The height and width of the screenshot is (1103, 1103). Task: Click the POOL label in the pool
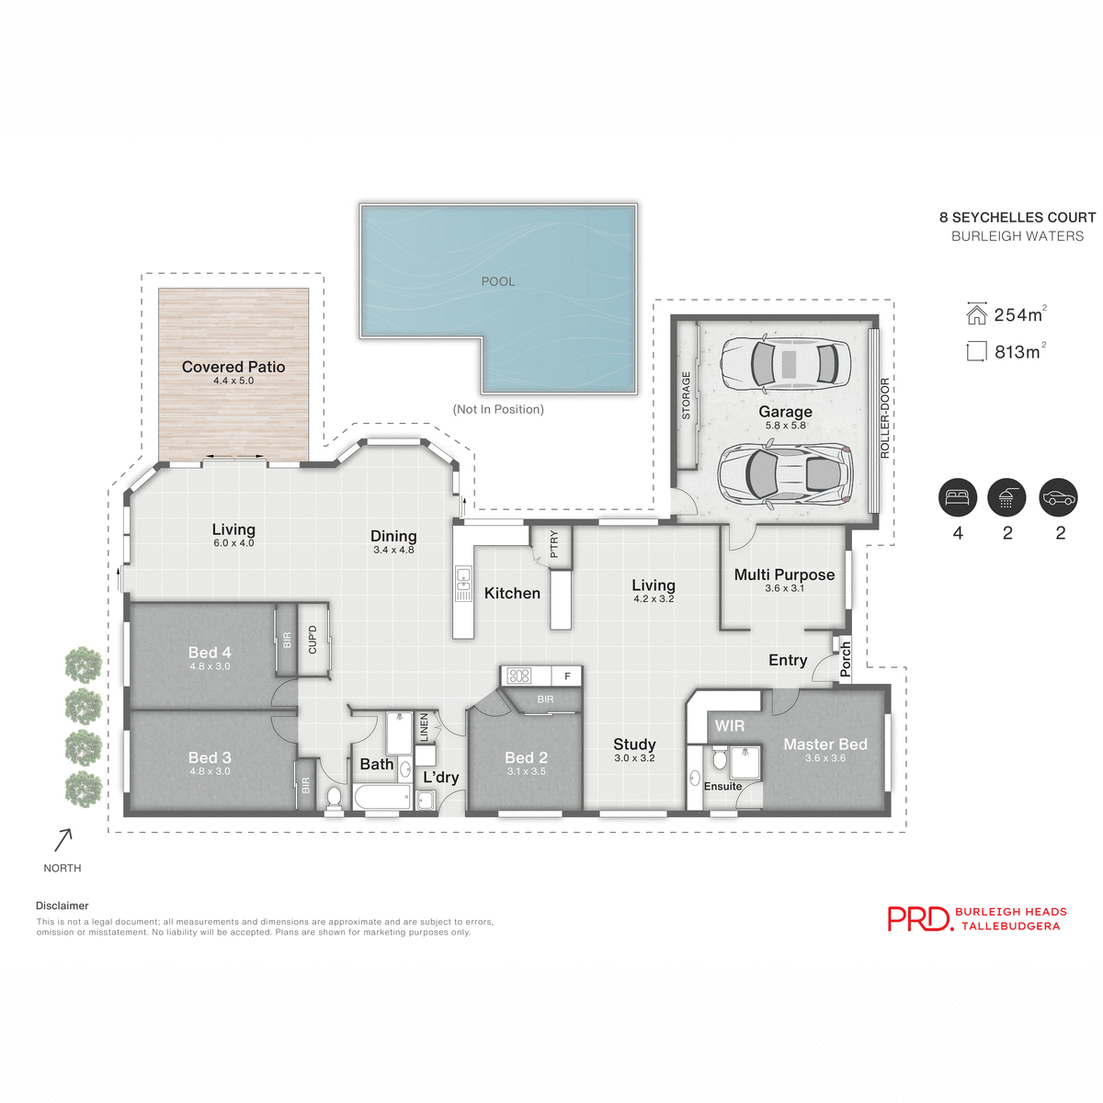click(498, 281)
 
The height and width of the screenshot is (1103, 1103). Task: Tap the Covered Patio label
click(233, 368)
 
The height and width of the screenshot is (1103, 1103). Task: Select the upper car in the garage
click(786, 363)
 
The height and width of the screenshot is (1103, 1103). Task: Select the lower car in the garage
click(786, 473)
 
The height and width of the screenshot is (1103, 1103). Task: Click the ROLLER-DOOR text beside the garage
click(885, 418)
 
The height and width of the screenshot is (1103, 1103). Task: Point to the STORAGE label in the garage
click(686, 396)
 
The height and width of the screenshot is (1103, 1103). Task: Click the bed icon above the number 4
click(958, 498)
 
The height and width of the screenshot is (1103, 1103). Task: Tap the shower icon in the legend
click(1006, 498)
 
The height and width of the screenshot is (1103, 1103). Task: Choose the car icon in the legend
click(1058, 498)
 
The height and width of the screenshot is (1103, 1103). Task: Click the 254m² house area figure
click(1018, 315)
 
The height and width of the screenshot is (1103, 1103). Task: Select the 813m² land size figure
click(1018, 352)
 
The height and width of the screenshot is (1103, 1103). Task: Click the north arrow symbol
click(63, 839)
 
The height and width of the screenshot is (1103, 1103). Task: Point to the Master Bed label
click(824, 745)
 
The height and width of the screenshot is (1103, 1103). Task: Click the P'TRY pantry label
click(553, 545)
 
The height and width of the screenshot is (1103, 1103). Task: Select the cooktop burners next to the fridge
click(519, 677)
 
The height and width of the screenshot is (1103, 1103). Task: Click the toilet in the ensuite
click(719, 760)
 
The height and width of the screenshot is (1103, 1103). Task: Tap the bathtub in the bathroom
click(382, 797)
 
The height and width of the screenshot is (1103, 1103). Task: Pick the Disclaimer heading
click(63, 906)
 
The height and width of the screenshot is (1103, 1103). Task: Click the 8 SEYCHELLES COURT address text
click(1018, 218)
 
